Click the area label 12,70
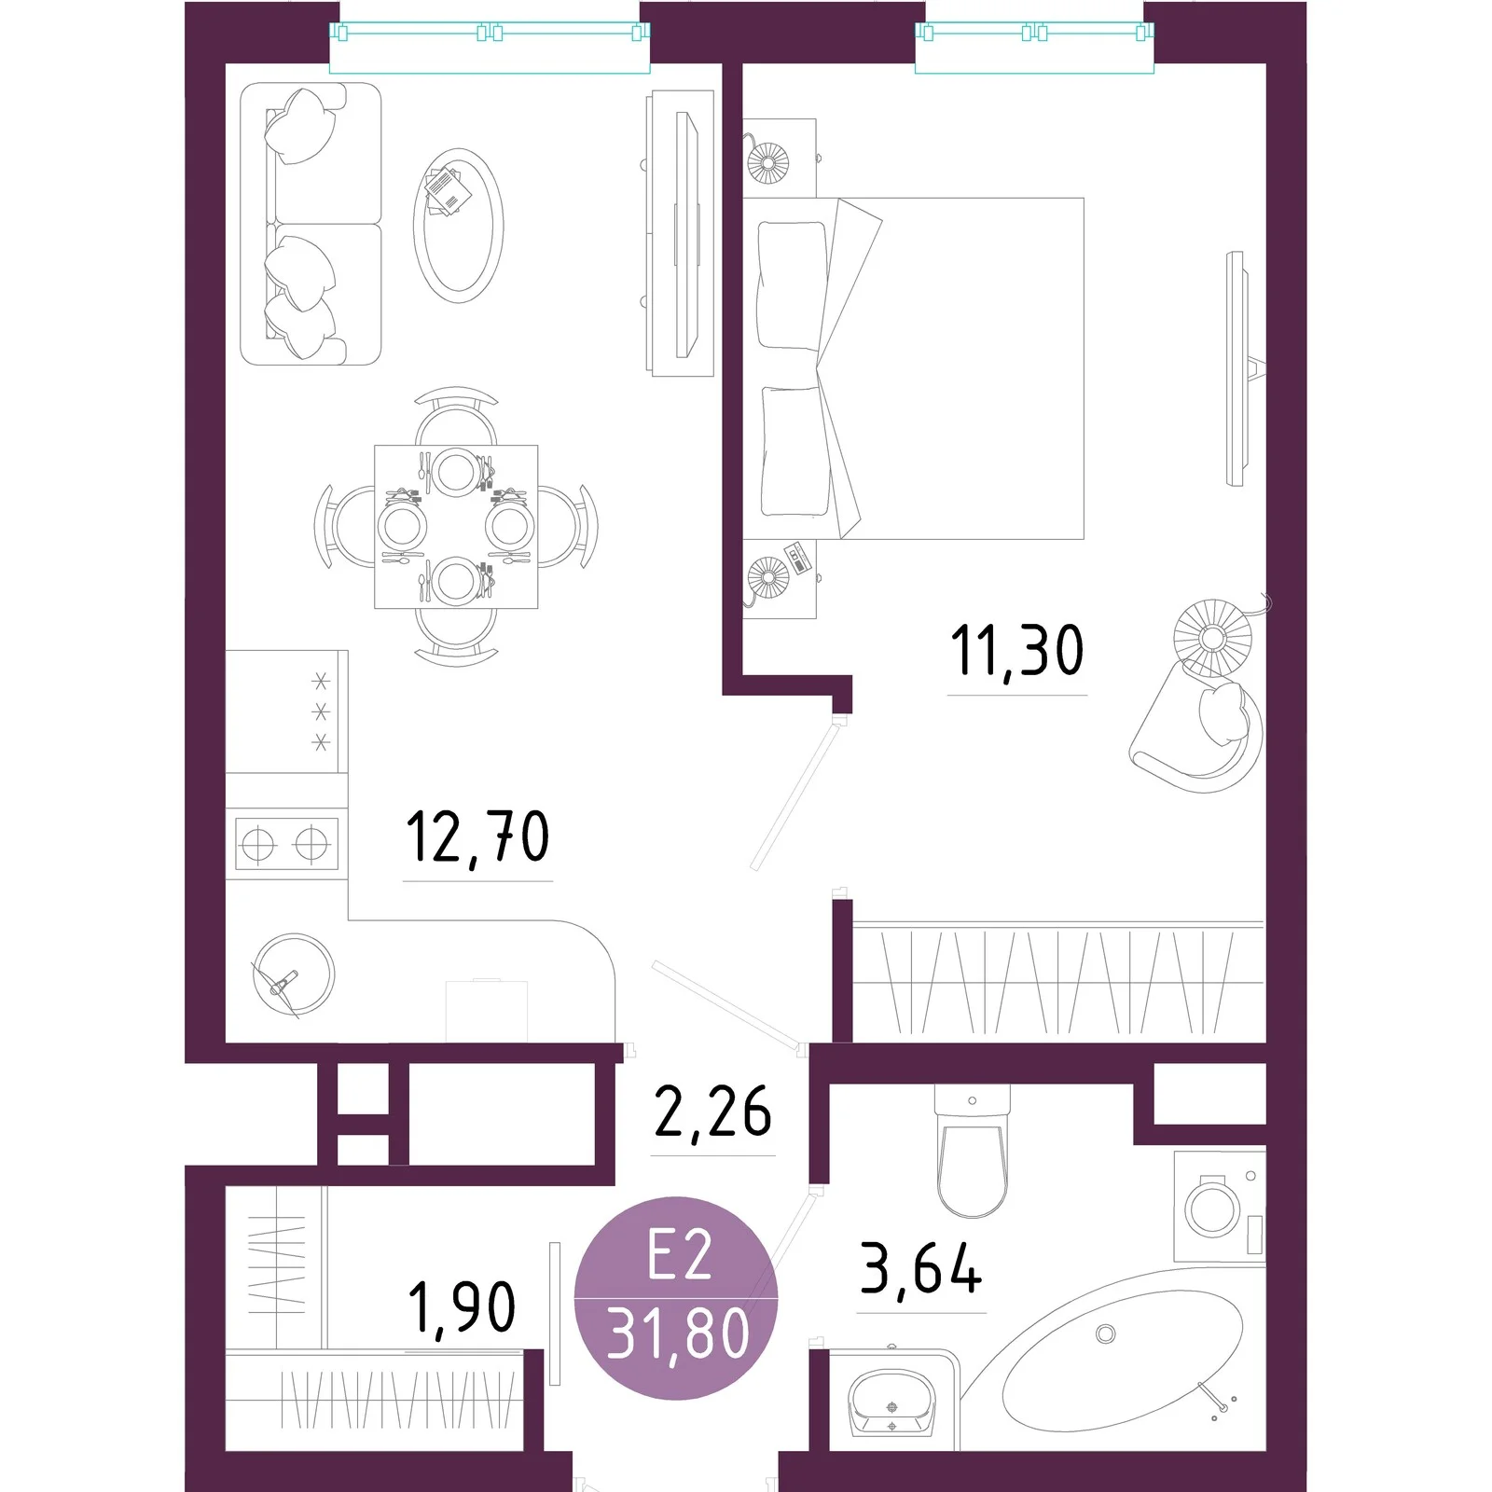[x=477, y=838]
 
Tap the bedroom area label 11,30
[x=1017, y=651]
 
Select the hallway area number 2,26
[x=713, y=1111]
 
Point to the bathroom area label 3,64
[x=921, y=1268]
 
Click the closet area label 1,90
[x=463, y=1306]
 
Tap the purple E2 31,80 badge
[x=676, y=1298]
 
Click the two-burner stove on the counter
[x=286, y=844]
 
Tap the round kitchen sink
[x=294, y=975]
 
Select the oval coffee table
[x=458, y=225]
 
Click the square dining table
[x=456, y=527]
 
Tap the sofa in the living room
[x=311, y=224]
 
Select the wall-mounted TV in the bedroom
[x=1236, y=368]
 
